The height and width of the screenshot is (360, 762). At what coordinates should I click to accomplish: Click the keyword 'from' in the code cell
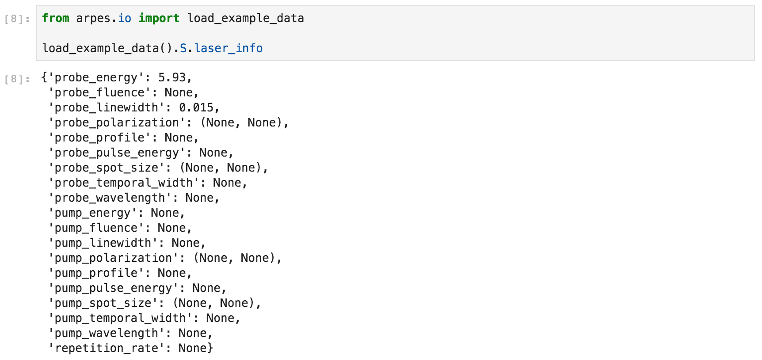(56, 18)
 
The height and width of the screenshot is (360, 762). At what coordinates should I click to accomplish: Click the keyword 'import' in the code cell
(159, 18)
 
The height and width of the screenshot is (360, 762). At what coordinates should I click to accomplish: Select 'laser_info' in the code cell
(229, 48)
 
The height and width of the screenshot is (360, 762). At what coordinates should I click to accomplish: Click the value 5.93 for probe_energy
(172, 77)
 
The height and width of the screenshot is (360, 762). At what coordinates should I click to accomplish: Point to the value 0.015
(196, 107)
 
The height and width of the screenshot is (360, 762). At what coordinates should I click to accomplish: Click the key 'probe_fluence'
(99, 92)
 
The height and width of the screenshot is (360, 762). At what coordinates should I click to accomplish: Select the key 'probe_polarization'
(117, 123)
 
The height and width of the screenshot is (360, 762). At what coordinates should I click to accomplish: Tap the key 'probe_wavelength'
(110, 198)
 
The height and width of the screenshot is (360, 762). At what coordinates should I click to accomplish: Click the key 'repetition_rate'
(106, 348)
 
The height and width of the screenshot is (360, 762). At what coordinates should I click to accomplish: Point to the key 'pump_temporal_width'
(120, 318)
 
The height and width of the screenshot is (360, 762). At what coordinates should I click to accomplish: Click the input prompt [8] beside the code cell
(17, 19)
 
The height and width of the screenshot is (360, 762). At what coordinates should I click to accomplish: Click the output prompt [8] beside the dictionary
(17, 79)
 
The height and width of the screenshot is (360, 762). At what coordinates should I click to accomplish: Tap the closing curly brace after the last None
(210, 348)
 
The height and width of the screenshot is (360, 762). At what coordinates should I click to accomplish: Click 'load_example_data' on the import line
(246, 18)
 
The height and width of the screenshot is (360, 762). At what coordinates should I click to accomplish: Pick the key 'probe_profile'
(99, 138)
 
